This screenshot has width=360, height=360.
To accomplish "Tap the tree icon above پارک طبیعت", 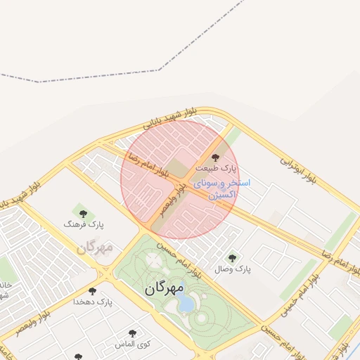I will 215,157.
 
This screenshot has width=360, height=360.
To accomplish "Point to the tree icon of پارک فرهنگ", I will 83,213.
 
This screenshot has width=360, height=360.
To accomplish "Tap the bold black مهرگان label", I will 165,288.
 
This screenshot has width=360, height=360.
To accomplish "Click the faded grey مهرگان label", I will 95,247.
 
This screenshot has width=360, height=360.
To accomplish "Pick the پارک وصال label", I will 232,269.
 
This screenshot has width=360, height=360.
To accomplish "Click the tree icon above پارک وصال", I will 232,258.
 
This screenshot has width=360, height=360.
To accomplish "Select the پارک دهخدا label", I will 93,302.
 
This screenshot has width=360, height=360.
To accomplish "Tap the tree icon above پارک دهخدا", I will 92,291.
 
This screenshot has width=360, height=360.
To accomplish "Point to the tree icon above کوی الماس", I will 132,333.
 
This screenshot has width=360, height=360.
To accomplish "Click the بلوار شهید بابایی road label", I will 172,117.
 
